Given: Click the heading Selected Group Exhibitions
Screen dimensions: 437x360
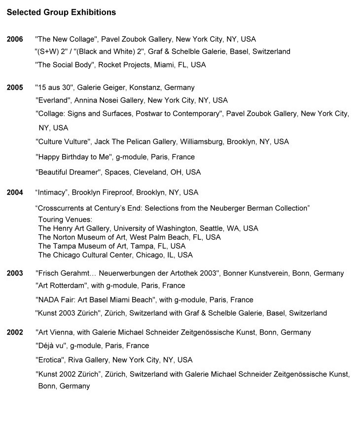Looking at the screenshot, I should pos(62,12).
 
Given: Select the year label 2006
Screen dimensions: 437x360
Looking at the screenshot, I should pos(15,39).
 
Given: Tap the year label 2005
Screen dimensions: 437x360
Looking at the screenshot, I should pos(15,88).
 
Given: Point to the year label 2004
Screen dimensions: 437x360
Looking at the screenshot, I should pos(15,193).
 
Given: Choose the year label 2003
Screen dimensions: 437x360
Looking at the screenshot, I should pos(15,273).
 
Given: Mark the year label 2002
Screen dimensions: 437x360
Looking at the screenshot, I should pos(15,333).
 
